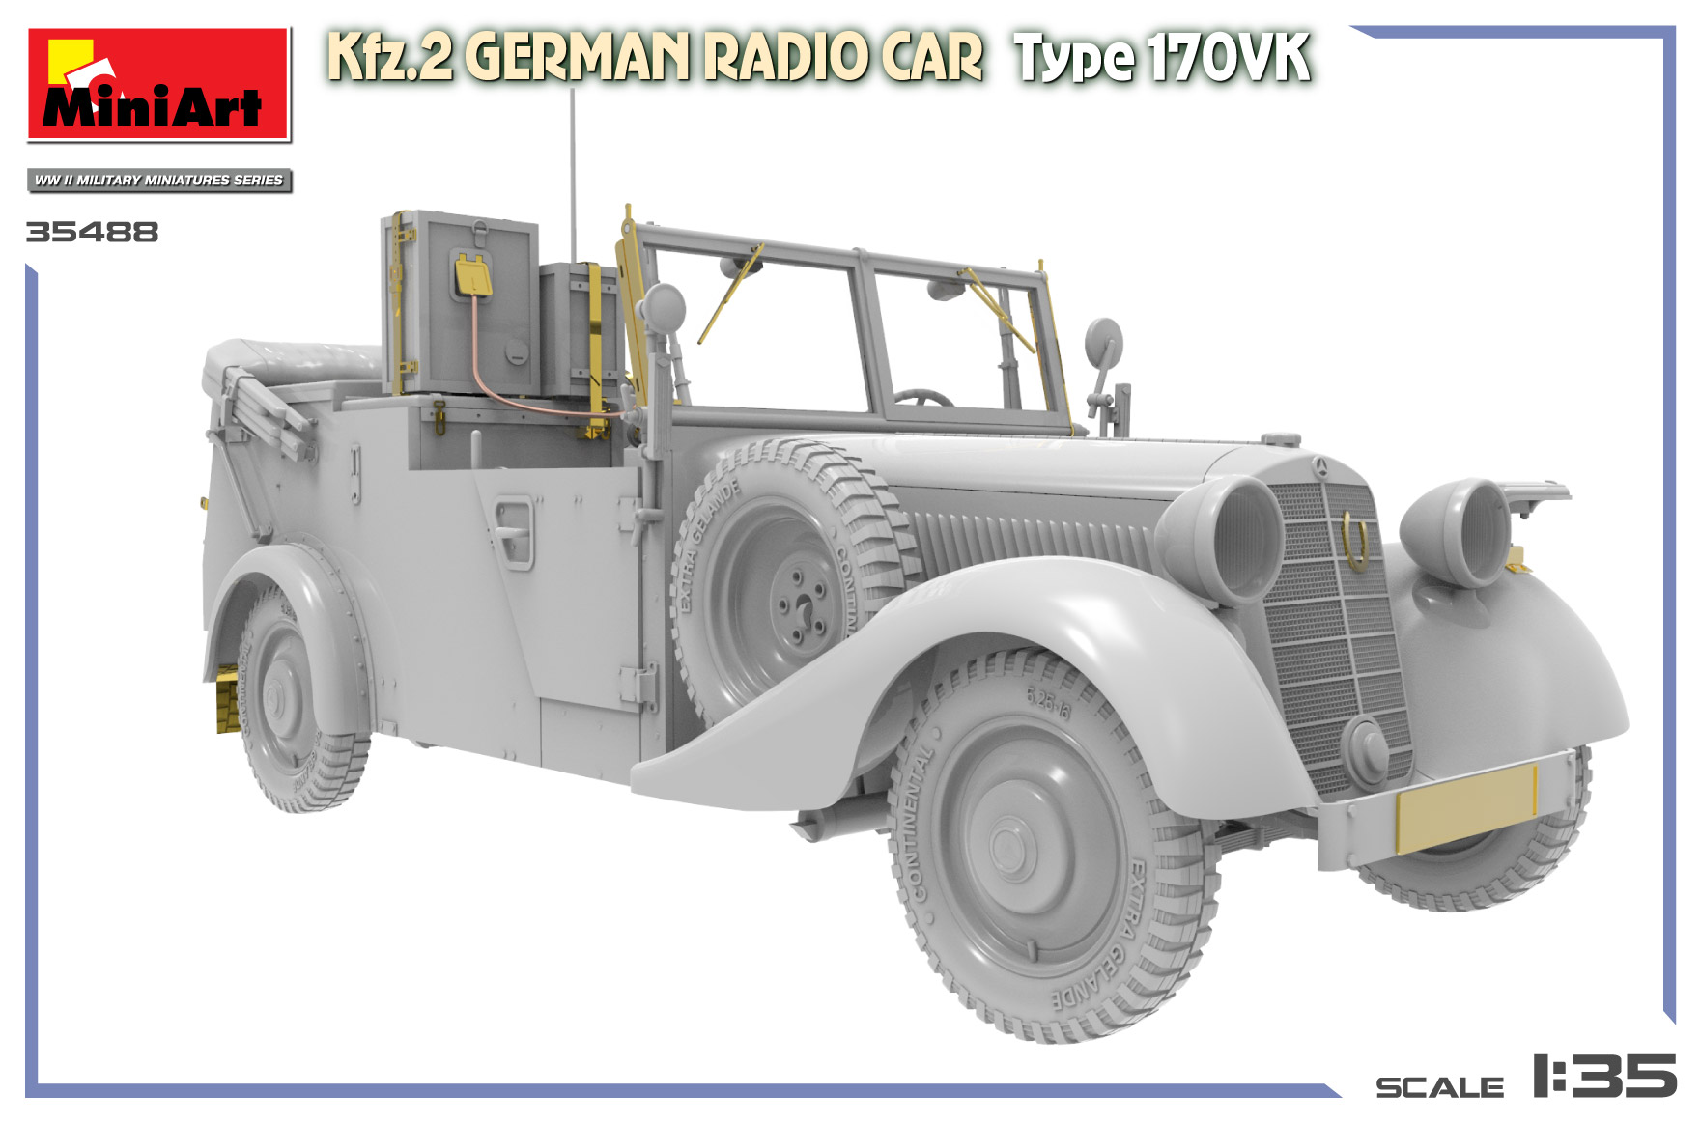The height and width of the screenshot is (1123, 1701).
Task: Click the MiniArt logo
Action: click(158, 85)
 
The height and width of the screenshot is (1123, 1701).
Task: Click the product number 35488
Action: click(92, 233)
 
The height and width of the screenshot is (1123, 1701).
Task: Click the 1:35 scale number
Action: click(1602, 1076)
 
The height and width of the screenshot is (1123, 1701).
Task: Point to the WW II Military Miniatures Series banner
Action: click(158, 181)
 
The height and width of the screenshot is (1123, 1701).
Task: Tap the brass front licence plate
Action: click(1464, 807)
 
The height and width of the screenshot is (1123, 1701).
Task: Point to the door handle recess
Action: click(513, 531)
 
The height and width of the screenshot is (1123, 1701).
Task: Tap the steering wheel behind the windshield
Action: click(921, 398)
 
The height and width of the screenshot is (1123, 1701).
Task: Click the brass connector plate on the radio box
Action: click(472, 275)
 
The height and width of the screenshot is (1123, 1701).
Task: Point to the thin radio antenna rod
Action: click(573, 174)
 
